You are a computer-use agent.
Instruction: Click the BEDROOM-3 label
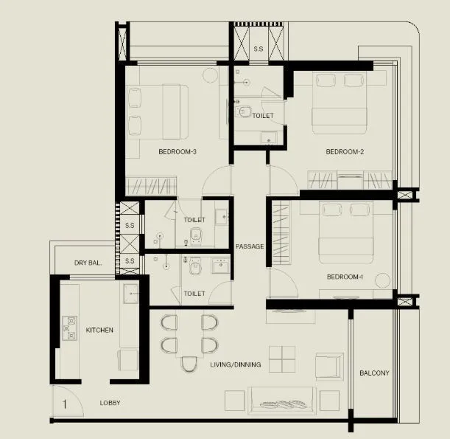coord(177,152)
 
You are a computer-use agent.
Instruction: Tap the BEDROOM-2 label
coord(345,152)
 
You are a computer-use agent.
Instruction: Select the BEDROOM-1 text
coord(345,277)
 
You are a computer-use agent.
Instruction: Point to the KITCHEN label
coord(99,330)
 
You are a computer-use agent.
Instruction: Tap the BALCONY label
coord(374,373)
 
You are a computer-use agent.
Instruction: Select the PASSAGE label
coord(250,246)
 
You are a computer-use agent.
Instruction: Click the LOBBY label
coord(110,403)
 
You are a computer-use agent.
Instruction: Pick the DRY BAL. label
coord(88,263)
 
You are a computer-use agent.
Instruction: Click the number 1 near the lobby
coord(66,404)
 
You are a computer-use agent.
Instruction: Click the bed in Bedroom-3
coord(157,111)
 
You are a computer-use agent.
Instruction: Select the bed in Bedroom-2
coord(340,103)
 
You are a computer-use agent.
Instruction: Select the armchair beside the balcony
coord(328,365)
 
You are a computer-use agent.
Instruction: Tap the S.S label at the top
coord(259,49)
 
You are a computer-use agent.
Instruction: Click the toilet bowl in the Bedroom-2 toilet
coord(244,111)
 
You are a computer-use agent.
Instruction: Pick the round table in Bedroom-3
coord(209,75)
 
